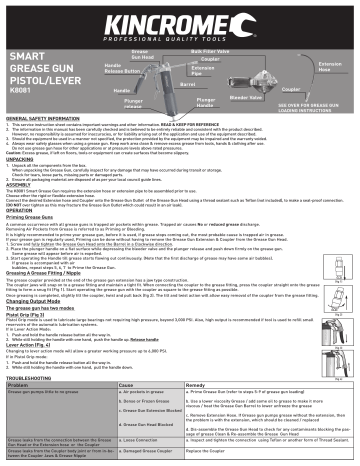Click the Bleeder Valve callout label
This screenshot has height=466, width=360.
pyautogui.click(x=246, y=98)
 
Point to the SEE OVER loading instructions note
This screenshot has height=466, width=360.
pyautogui.click(x=319, y=105)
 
